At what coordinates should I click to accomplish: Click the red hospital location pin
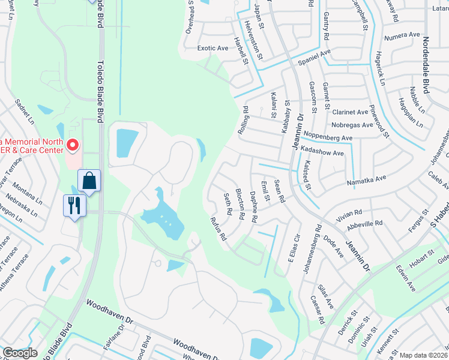73,145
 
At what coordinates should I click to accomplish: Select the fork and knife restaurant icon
74,205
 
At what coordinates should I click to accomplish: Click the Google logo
20,353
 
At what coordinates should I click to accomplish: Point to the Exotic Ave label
213,48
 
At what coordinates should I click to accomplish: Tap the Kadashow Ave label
322,153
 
